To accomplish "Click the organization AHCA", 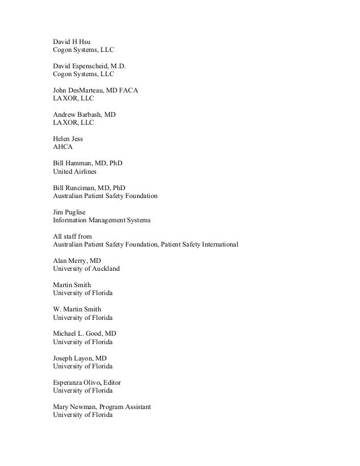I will point(63,147).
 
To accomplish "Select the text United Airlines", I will point(75,171).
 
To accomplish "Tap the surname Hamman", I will point(80,163).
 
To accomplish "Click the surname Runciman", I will point(82,187).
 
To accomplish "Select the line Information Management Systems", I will point(102,220).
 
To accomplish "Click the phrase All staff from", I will point(72,236).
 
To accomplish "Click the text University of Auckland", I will point(86,269).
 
